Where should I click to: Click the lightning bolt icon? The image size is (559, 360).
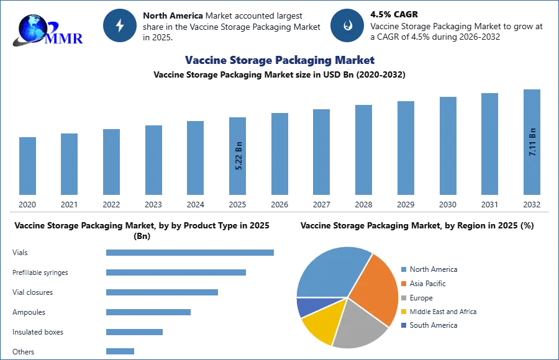pos(120,25)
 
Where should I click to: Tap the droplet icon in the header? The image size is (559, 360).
pos(347,25)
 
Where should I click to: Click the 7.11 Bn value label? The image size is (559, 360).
pos(532,142)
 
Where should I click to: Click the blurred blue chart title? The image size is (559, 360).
pos(280,60)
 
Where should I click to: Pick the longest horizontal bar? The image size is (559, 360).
pos(191,253)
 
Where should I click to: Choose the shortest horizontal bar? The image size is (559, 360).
pos(119,352)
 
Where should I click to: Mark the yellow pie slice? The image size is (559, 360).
pos(322,322)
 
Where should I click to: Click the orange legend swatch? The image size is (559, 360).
pos(403,283)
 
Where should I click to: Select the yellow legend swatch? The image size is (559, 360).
pos(403,312)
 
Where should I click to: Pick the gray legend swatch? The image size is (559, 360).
pos(403,297)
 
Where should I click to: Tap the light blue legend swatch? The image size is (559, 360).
pos(403,269)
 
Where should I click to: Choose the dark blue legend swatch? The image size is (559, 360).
pos(403,325)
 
